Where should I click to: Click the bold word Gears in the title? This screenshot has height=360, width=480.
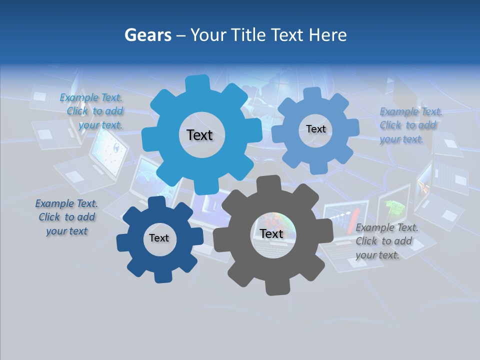point(147,35)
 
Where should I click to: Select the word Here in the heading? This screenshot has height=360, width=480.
point(328,35)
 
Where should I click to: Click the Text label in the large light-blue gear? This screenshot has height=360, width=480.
point(199,135)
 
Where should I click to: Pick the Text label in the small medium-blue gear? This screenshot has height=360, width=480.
point(315,129)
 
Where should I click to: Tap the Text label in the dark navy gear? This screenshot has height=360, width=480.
point(158,238)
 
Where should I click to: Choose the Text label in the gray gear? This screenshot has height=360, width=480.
point(271,233)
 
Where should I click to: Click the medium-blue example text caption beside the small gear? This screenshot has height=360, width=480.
point(410,125)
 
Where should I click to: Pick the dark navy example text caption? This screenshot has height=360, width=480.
point(67,217)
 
